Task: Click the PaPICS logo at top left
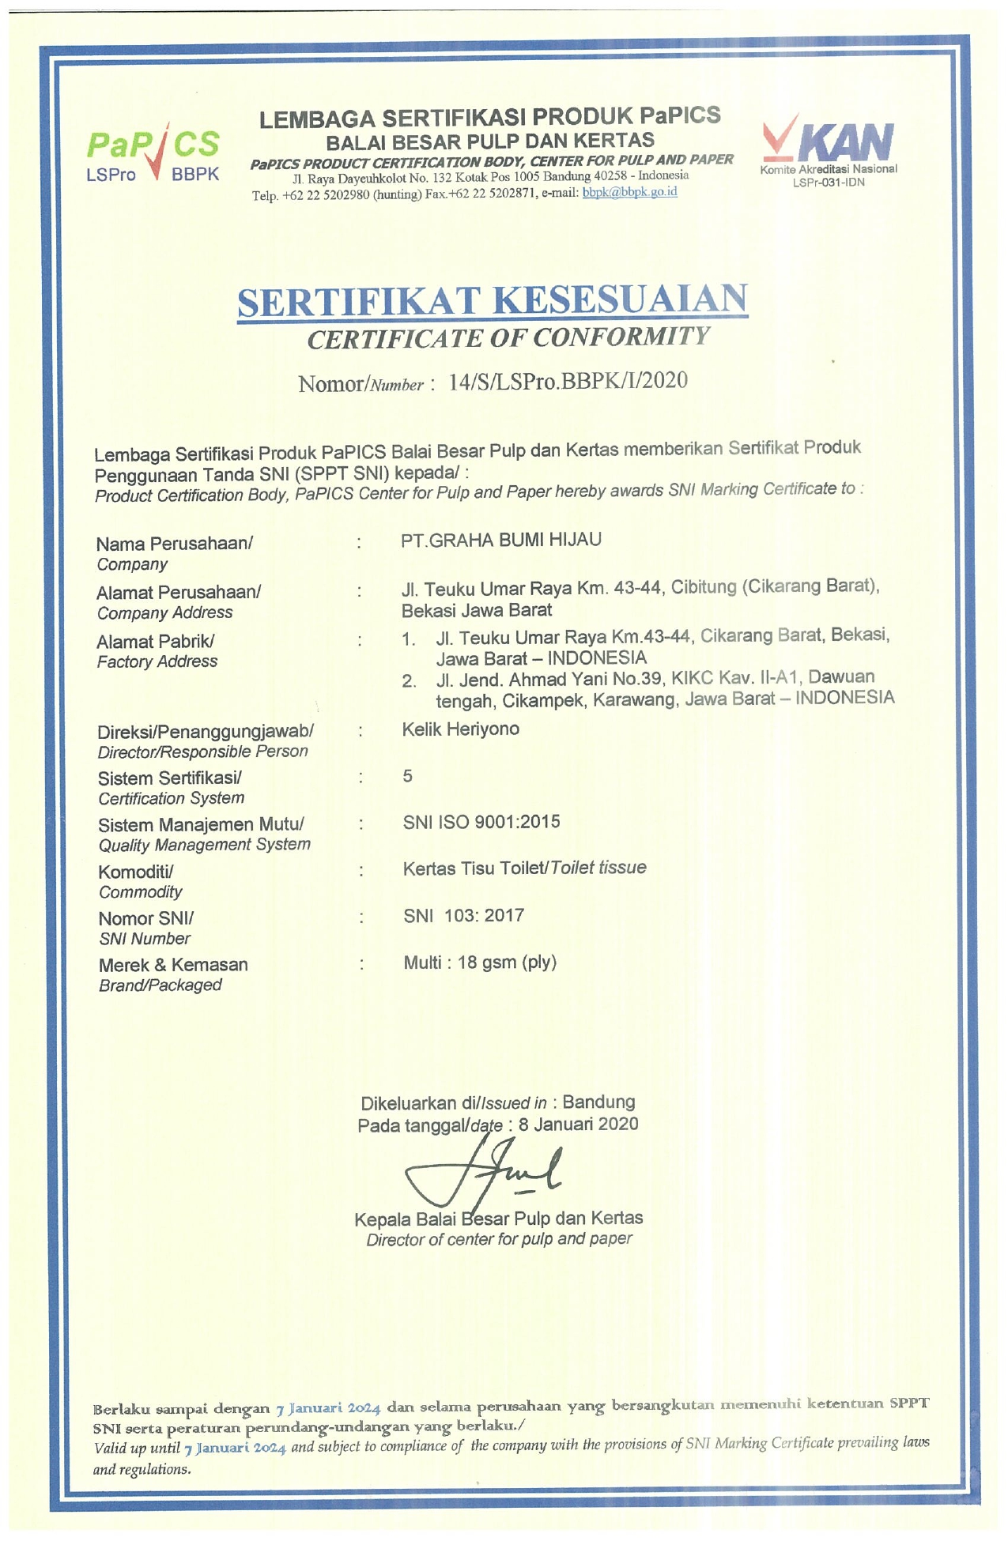coord(153,154)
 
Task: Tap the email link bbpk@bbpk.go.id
coord(629,192)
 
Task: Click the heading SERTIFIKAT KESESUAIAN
coord(492,301)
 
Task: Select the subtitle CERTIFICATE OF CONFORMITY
coord(508,338)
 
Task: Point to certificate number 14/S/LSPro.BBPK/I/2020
coord(568,381)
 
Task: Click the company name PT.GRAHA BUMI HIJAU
coord(501,540)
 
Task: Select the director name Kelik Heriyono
coord(460,729)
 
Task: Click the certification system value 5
coord(407,776)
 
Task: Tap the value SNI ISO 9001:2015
coord(481,822)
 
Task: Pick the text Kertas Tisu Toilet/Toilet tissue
coord(524,868)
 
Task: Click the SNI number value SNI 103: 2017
coord(463,915)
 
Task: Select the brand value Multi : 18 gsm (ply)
coord(480,963)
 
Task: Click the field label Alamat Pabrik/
coord(155,642)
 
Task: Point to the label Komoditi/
coord(135,872)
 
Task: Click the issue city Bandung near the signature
coord(598,1102)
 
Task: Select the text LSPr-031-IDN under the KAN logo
coord(828,183)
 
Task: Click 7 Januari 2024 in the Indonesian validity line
coord(328,1408)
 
